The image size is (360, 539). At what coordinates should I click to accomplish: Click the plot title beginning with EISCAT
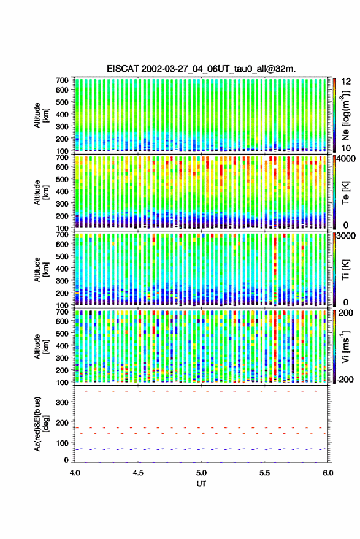pyautogui.click(x=201, y=69)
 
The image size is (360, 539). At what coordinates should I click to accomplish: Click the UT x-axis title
pyautogui.click(x=202, y=484)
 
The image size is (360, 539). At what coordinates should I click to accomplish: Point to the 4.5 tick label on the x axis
pyautogui.click(x=138, y=473)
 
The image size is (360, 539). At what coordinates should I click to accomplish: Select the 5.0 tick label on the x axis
pyautogui.click(x=202, y=473)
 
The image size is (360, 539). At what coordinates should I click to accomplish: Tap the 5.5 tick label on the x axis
pyautogui.click(x=265, y=473)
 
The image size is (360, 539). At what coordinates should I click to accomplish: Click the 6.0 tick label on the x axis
pyautogui.click(x=328, y=473)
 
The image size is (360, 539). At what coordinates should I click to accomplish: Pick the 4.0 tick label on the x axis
pyautogui.click(x=75, y=473)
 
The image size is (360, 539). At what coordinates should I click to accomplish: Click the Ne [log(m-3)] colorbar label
pyautogui.click(x=345, y=115)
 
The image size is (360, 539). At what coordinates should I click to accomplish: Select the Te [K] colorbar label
pyautogui.click(x=345, y=193)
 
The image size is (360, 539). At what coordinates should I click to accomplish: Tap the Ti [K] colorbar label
pyautogui.click(x=345, y=270)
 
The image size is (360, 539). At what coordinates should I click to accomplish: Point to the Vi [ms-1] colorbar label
pyautogui.click(x=345, y=346)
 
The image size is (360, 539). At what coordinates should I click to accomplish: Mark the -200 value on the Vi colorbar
pyautogui.click(x=345, y=380)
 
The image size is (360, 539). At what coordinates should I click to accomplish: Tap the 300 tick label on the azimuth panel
pyautogui.click(x=62, y=402)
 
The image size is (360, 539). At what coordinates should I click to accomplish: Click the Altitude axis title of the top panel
pyautogui.click(x=41, y=115)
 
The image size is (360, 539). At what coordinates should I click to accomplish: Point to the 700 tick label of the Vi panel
pyautogui.click(x=62, y=312)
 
